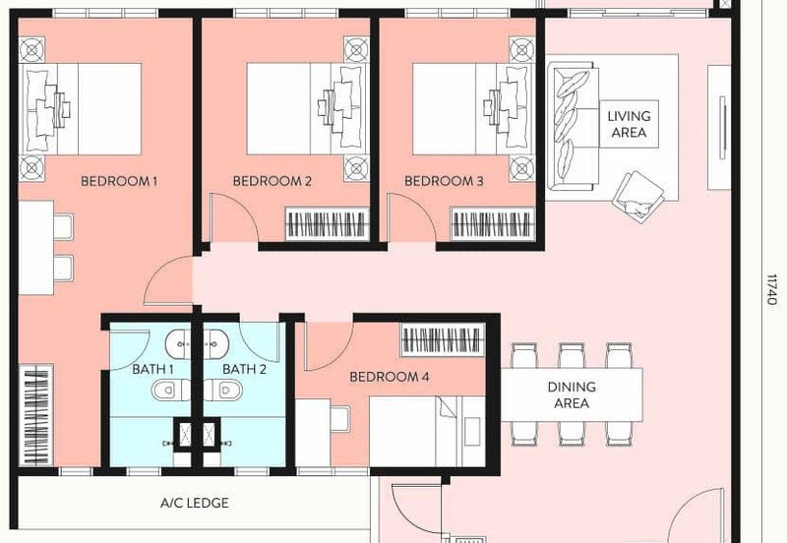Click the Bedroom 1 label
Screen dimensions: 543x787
pyautogui.click(x=119, y=181)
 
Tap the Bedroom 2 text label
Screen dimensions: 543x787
pyautogui.click(x=272, y=181)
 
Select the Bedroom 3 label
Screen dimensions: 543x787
pyautogui.click(x=444, y=181)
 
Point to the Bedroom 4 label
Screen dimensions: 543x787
pyautogui.click(x=390, y=377)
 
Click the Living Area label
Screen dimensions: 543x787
pyautogui.click(x=629, y=124)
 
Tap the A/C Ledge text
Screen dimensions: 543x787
pyautogui.click(x=195, y=504)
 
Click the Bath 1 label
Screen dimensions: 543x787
pyautogui.click(x=153, y=370)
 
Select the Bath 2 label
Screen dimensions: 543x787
pyautogui.click(x=244, y=370)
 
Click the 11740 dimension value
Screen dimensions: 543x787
pyautogui.click(x=771, y=289)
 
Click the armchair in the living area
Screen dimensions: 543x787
pyautogui.click(x=637, y=193)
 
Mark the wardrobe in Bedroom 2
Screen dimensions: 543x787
pyautogui.click(x=327, y=224)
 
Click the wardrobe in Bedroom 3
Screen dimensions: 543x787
pyautogui.click(x=492, y=224)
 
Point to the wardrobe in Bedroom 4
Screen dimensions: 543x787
pyautogui.click(x=441, y=340)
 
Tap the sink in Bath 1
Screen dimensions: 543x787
pyautogui.click(x=182, y=345)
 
